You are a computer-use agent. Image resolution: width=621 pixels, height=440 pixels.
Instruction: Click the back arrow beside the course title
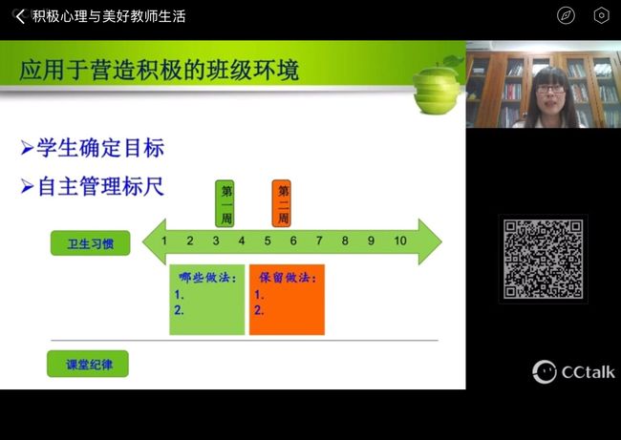pos(20,16)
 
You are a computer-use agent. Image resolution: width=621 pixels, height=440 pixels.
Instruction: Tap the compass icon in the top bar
pos(566,16)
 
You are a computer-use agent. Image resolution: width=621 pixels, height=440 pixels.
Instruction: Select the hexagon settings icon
pos(601,16)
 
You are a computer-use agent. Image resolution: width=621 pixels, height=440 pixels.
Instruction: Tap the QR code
pos(543,259)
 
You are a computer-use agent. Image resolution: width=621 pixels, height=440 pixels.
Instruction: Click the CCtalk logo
pos(573,372)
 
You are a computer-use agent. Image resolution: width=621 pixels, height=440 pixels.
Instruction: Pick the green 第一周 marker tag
pos(225,204)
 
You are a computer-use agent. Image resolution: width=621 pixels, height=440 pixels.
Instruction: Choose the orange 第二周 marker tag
pos(282,204)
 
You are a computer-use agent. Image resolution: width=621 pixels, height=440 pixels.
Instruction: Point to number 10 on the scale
pos(400,241)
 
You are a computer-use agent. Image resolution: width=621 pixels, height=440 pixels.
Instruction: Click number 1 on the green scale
pos(164,241)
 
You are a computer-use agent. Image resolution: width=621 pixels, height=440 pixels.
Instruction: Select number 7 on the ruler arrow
pos(319,241)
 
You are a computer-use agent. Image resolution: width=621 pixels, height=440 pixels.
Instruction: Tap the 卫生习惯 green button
pos(91,243)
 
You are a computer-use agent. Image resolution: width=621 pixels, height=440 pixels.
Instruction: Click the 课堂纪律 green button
pos(88,364)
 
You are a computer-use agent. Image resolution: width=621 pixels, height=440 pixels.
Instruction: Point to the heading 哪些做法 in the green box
pos(207,278)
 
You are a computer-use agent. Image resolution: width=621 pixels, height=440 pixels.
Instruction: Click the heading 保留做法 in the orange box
pos(288,278)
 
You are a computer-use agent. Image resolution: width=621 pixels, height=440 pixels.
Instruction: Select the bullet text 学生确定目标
pos(100,148)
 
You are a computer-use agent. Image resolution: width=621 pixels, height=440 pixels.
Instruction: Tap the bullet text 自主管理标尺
pos(100,186)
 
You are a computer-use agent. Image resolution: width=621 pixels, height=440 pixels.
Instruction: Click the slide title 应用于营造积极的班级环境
pos(159,70)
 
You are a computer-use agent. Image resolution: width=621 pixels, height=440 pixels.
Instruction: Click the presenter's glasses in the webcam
pos(550,90)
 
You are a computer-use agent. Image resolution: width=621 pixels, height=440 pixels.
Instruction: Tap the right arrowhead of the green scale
pos(431,241)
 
